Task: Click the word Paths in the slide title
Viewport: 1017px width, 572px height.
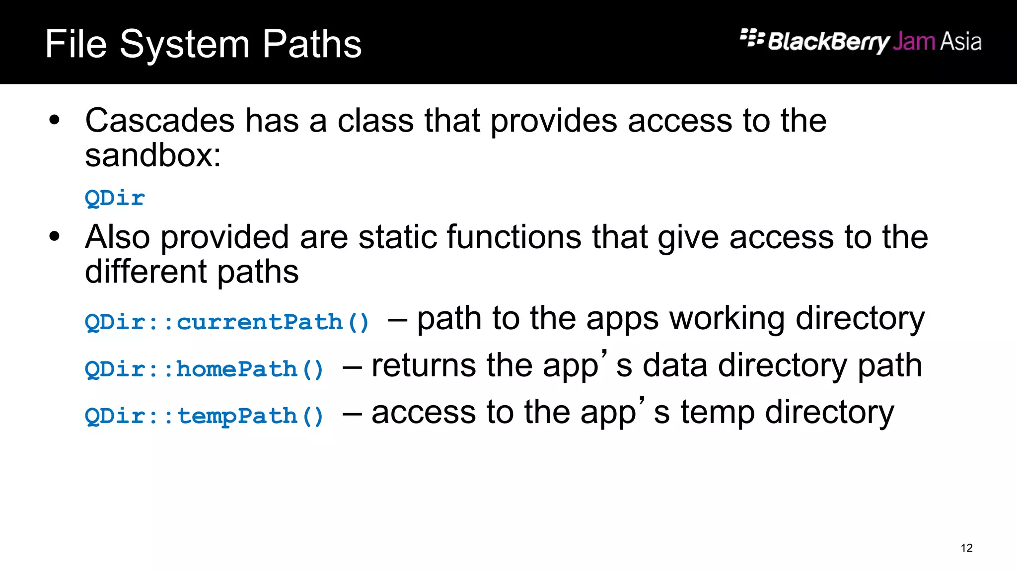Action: click(x=312, y=44)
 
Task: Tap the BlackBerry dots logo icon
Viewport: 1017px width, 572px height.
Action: click(x=752, y=38)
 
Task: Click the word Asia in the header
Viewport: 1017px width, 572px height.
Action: click(x=961, y=41)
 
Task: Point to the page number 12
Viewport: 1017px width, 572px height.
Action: click(x=966, y=548)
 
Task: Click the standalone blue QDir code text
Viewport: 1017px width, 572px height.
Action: click(x=115, y=198)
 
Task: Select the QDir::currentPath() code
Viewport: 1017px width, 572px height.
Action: click(x=227, y=322)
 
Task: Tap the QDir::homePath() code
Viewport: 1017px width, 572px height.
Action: click(x=204, y=369)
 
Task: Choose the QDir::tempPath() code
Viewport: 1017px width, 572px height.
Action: click(x=204, y=416)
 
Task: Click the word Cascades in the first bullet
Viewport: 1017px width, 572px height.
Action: click(x=159, y=121)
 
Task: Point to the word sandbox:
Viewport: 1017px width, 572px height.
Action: click(x=152, y=155)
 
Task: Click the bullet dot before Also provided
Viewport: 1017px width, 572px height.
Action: click(x=55, y=236)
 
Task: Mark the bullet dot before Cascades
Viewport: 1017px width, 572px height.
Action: click(x=55, y=120)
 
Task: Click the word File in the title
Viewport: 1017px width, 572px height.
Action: click(x=76, y=44)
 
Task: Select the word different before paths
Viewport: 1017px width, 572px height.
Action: click(x=146, y=272)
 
